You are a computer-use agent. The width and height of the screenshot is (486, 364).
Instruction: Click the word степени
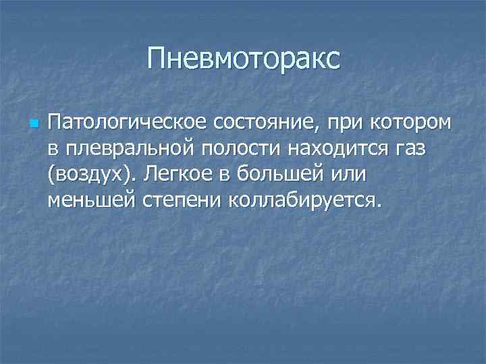[184, 200]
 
